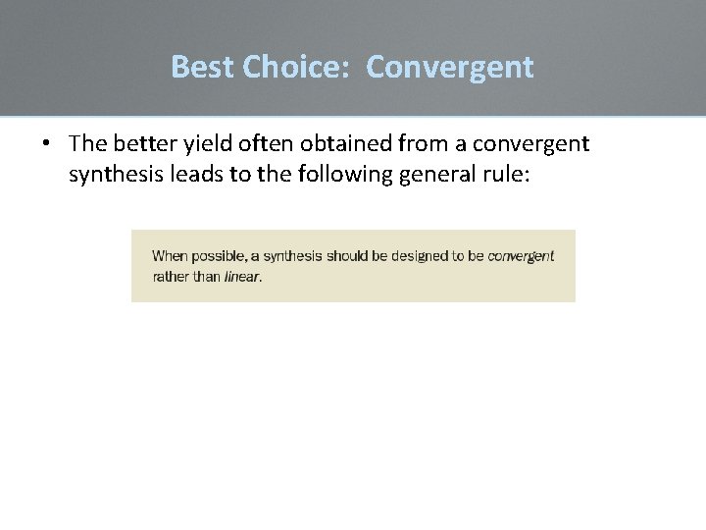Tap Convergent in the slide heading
[x=450, y=67]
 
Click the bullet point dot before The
[x=46, y=144]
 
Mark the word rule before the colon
[x=498, y=175]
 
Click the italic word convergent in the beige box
[x=521, y=256]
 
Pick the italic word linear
[x=242, y=277]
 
